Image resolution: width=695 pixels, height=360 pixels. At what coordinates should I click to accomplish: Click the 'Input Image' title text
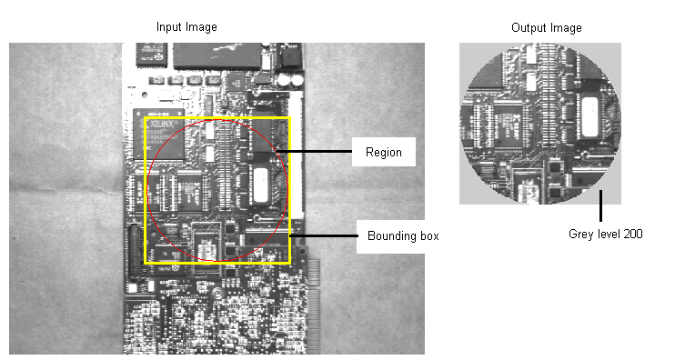(x=186, y=27)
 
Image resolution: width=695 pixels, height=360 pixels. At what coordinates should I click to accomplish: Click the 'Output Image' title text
(x=547, y=28)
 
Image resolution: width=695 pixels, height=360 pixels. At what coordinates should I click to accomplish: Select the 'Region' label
(x=377, y=152)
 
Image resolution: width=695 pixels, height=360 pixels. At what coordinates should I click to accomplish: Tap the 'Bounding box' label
(x=403, y=235)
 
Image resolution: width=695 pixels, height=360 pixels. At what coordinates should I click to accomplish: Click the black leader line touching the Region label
(x=318, y=151)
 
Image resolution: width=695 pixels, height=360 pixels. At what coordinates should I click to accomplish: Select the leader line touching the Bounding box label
(x=322, y=235)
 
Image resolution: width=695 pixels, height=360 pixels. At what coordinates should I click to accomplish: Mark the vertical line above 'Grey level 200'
(x=600, y=205)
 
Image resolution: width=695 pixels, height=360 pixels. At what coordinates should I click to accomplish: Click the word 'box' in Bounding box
(x=428, y=235)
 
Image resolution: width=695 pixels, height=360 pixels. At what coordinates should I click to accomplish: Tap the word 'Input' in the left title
(x=169, y=27)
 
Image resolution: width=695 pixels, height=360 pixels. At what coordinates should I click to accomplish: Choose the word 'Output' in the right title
(x=529, y=28)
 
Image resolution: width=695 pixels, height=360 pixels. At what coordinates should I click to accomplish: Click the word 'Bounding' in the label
(x=392, y=235)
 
